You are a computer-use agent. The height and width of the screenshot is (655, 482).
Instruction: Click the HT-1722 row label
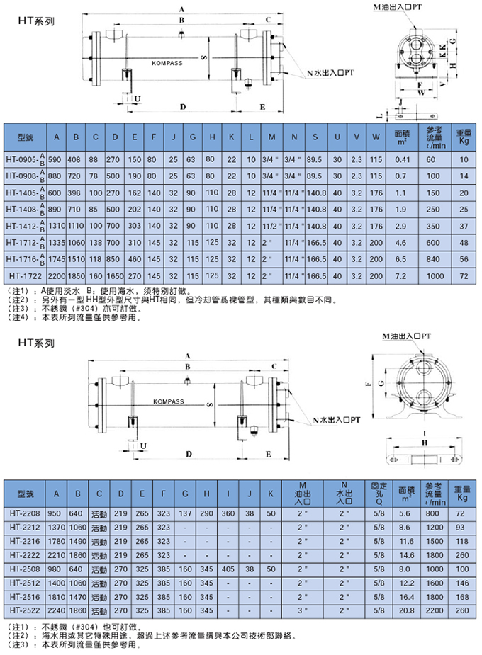coord(24,275)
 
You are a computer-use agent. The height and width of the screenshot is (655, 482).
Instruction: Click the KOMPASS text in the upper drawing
coord(167,63)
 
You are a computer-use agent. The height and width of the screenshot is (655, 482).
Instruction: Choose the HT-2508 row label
coord(24,569)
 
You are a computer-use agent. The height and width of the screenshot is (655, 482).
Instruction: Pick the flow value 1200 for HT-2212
coord(433,528)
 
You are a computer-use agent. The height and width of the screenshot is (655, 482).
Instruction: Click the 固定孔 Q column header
coord(379,494)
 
